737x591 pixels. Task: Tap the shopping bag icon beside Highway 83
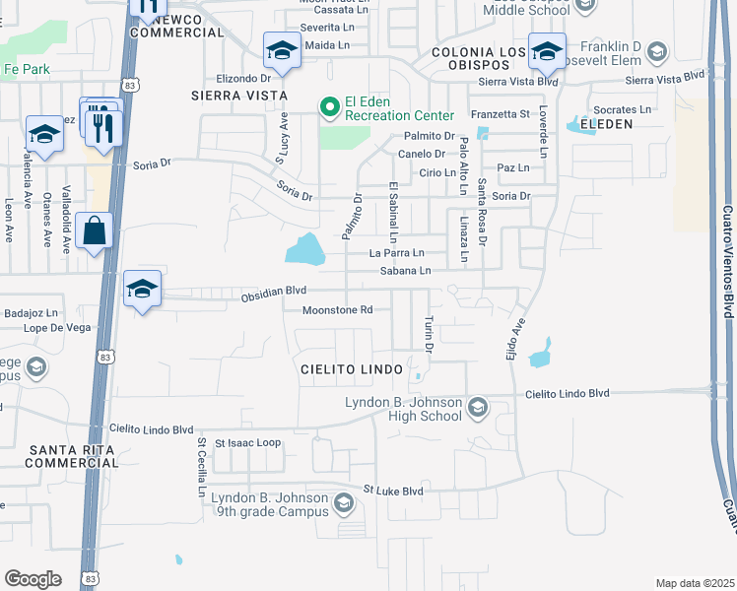click(x=94, y=231)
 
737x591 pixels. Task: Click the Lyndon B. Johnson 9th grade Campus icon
click(x=344, y=504)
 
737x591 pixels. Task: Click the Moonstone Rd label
click(x=338, y=309)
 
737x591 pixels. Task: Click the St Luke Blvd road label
click(x=392, y=490)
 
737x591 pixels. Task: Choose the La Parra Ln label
click(x=396, y=253)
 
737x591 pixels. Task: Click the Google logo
click(x=33, y=579)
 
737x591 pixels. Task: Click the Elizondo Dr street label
click(x=243, y=77)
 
